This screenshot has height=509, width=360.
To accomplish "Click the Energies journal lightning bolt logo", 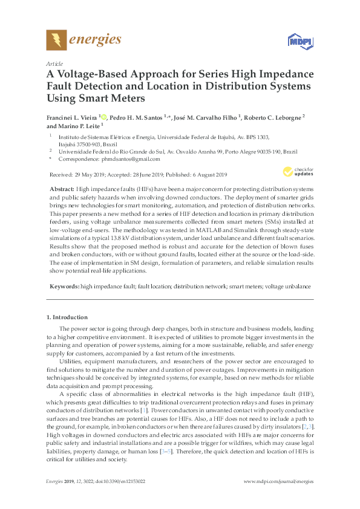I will (56, 41).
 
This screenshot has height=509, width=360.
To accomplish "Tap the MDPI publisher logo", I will (295, 41).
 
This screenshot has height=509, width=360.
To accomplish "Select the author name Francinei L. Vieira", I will (72, 117).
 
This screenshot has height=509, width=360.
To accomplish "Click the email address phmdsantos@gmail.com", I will (131, 159).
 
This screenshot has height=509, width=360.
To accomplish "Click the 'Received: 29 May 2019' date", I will (77, 175).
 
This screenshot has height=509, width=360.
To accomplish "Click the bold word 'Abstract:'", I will (62, 189).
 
